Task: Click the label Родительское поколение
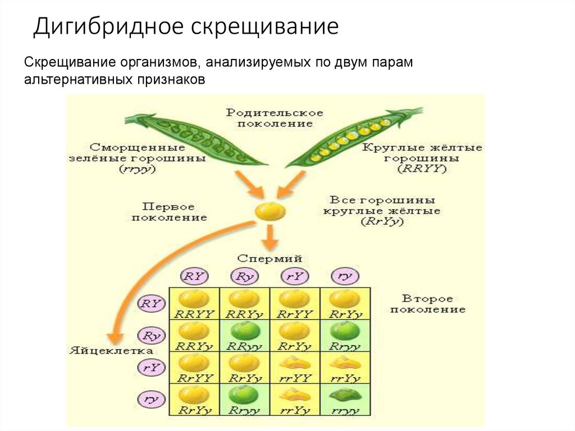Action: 275,117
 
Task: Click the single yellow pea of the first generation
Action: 270,211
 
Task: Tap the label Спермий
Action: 270,259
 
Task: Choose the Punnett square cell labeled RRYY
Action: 194,304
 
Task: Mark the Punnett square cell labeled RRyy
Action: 244,336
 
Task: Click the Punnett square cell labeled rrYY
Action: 295,368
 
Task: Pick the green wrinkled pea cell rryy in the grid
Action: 345,400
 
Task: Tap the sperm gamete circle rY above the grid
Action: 295,276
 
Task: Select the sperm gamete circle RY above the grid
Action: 194,276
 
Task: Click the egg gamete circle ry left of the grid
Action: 150,400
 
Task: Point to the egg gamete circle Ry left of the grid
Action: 150,336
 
